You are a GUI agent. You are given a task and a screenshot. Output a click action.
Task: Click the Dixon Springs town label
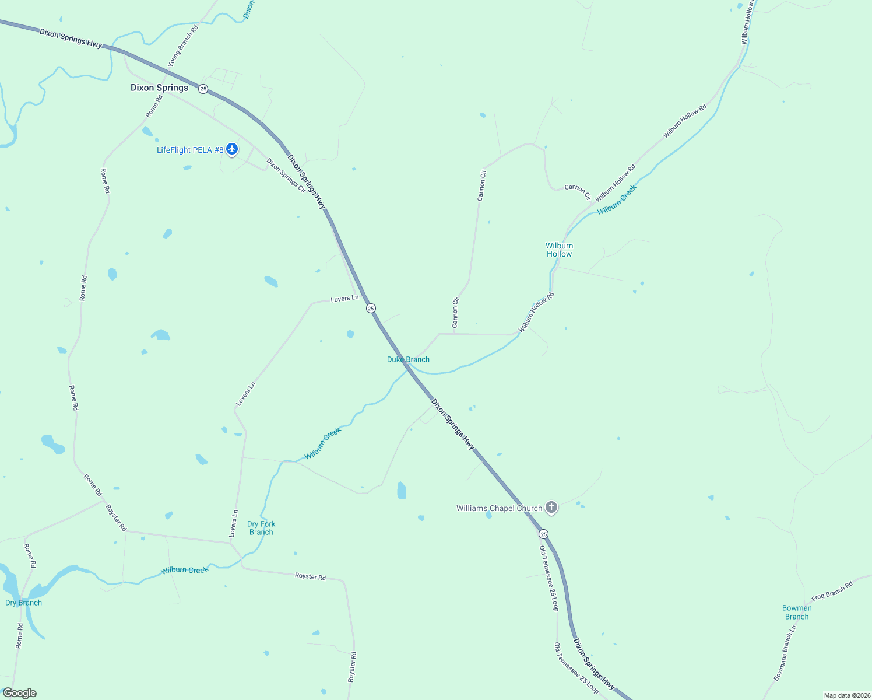click(x=159, y=87)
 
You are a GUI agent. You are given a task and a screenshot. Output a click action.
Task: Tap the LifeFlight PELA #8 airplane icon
click(x=232, y=149)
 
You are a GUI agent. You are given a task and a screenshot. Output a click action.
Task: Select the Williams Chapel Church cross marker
click(x=551, y=508)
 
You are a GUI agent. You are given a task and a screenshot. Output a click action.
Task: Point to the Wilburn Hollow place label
click(x=559, y=250)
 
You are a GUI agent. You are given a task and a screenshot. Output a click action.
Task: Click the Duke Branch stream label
click(x=408, y=359)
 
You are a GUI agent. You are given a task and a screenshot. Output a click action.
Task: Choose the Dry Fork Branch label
click(x=261, y=528)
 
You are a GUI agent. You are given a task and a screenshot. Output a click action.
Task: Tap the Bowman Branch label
click(x=797, y=612)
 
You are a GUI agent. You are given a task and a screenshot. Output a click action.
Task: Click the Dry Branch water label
click(x=23, y=603)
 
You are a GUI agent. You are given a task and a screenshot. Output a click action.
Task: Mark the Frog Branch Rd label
click(x=832, y=591)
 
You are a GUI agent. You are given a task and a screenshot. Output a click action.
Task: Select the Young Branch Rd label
click(x=183, y=45)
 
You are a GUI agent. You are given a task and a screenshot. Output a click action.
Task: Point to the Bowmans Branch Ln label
click(x=785, y=653)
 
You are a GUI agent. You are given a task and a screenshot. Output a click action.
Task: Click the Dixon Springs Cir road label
click(x=286, y=175)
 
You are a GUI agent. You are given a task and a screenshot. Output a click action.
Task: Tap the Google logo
click(x=20, y=693)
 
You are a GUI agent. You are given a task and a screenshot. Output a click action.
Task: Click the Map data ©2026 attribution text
click(x=846, y=695)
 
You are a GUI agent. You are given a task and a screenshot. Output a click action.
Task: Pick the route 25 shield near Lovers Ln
click(x=371, y=308)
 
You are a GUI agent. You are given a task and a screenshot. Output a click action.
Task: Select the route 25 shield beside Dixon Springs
click(x=203, y=89)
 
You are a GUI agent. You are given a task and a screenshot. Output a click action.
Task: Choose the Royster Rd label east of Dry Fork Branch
click(x=310, y=576)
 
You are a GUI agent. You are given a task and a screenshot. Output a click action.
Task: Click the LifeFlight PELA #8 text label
click(x=190, y=150)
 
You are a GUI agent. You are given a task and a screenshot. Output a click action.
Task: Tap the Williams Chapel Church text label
click(x=499, y=508)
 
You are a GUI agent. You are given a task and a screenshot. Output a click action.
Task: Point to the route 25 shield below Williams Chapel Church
click(x=543, y=534)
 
